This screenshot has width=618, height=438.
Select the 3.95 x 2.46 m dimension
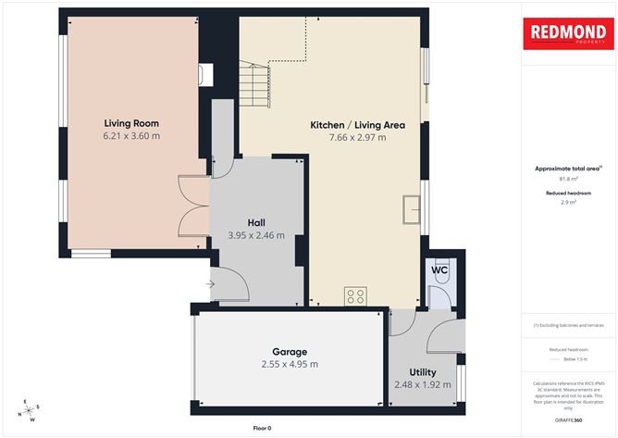[256, 235]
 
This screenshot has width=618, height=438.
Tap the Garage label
[289, 352]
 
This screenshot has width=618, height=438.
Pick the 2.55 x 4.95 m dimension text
[289, 364]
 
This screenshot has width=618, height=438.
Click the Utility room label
[424, 370]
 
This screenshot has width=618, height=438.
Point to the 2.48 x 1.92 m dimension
[424, 383]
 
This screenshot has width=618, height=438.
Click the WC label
[440, 270]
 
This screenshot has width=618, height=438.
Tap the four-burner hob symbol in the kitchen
[355, 296]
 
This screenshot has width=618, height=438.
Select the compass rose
[31, 410]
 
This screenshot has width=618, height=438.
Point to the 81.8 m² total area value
[568, 179]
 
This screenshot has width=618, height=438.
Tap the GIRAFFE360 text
[568, 420]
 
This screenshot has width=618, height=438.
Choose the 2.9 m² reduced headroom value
[568, 202]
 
